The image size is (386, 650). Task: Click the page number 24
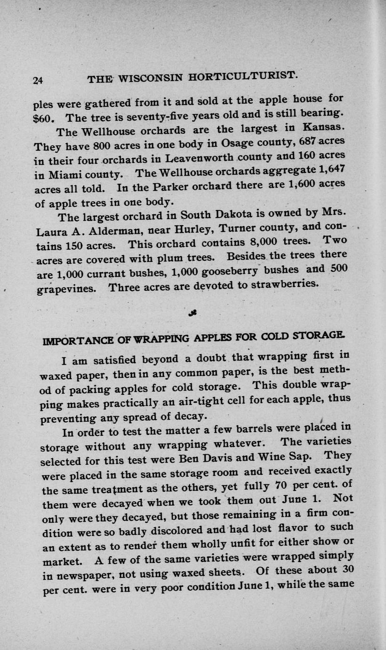point(38,80)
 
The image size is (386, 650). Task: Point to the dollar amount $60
point(45,117)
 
